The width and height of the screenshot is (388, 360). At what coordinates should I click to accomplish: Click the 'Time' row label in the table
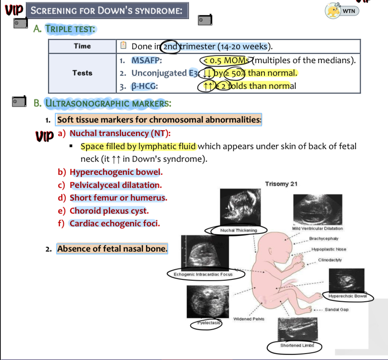coord(82,46)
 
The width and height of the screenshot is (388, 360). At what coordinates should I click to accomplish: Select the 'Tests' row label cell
coord(82,73)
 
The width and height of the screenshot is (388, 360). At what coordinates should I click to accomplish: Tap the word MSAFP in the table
coord(147,60)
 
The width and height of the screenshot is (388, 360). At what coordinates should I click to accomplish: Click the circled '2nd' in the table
coord(170,46)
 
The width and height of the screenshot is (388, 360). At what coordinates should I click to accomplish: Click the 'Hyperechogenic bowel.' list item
coord(116,172)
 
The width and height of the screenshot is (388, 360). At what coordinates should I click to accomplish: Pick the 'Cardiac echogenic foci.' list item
coord(115,223)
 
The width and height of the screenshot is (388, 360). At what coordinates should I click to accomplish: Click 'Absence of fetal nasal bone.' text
coord(112,249)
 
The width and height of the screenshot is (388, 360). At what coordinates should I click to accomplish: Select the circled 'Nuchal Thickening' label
coord(238,230)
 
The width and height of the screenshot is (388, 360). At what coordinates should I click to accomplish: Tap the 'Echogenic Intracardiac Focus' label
coord(203,274)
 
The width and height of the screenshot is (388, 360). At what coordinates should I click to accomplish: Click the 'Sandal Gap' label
coord(336,310)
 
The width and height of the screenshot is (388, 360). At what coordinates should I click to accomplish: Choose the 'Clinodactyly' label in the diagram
coord(330,260)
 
